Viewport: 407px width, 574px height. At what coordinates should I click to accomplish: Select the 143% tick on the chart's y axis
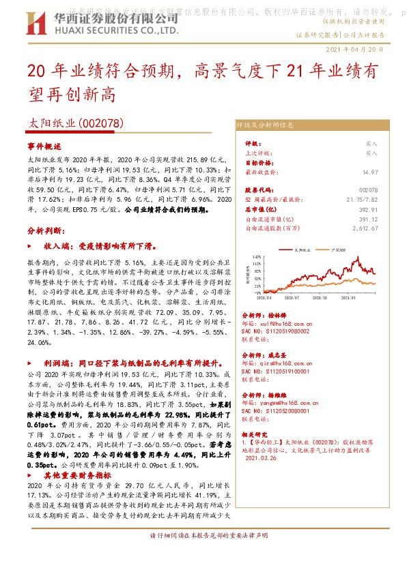point(257,257)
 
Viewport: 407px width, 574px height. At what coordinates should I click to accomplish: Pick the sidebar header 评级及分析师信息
point(275,125)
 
